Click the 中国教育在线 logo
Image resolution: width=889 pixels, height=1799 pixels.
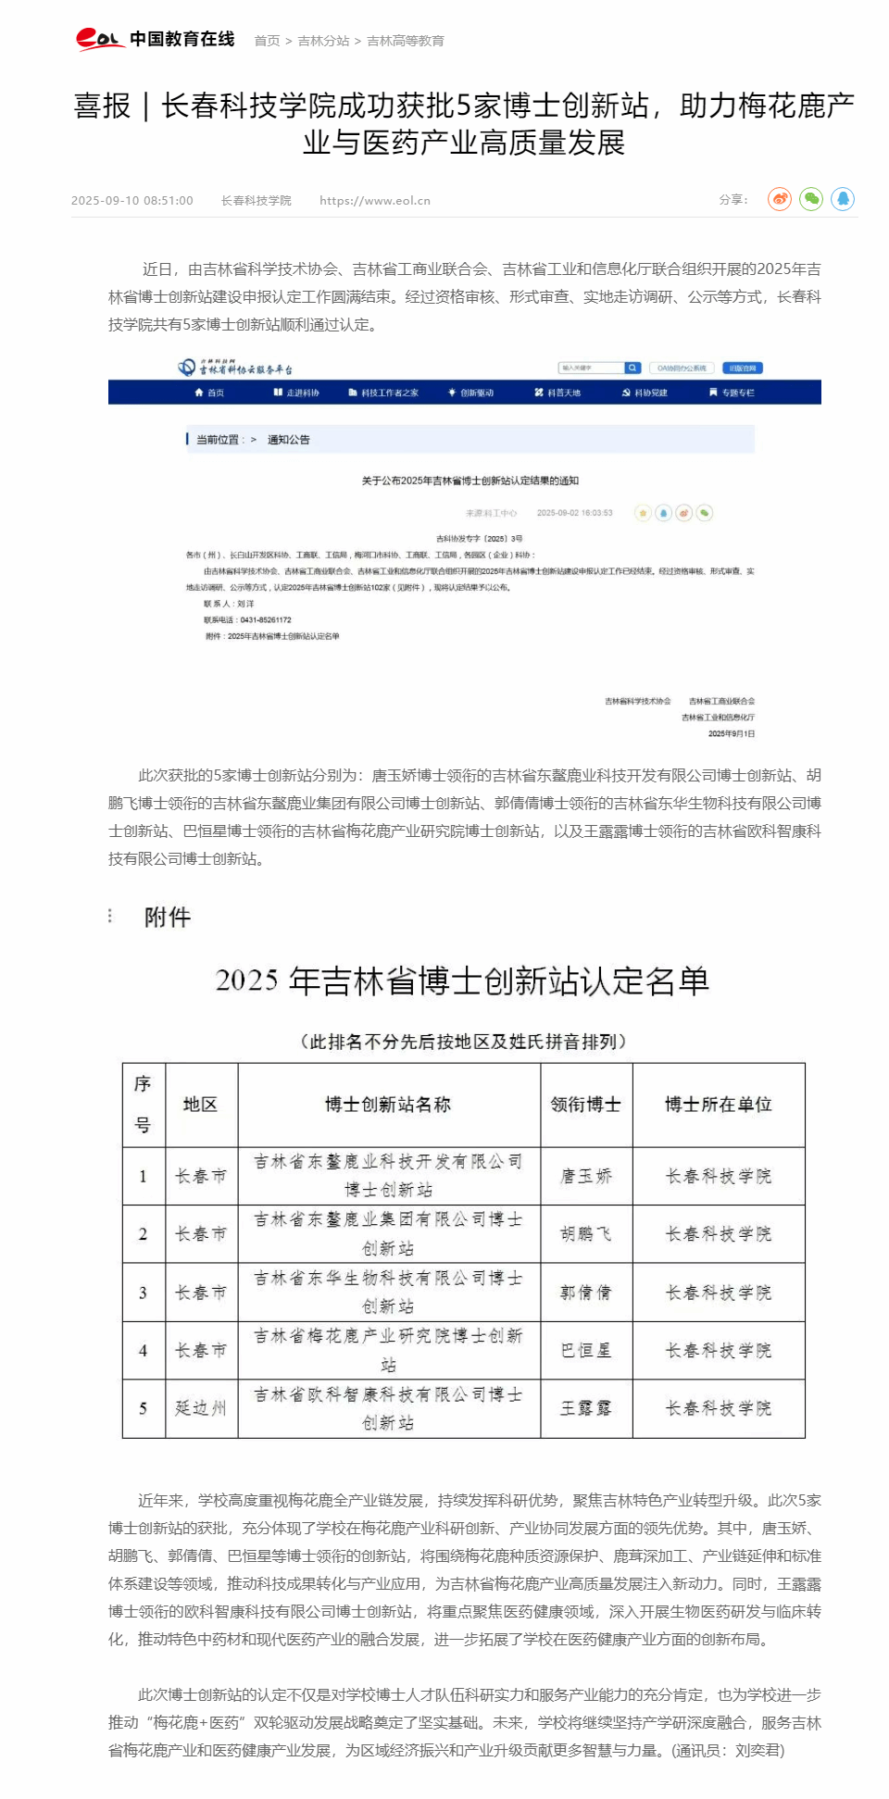click(x=155, y=39)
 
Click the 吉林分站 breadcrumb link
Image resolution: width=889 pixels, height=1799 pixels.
click(x=323, y=41)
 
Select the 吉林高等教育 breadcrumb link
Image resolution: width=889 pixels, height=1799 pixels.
click(x=406, y=41)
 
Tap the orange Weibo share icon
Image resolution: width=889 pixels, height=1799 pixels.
click(x=780, y=199)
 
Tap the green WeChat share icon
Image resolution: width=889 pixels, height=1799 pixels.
click(x=811, y=199)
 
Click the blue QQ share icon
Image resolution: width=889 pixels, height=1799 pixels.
click(x=843, y=199)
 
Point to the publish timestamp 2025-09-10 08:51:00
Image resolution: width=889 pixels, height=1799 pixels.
click(x=132, y=201)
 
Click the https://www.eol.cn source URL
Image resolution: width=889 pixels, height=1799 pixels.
click(x=375, y=201)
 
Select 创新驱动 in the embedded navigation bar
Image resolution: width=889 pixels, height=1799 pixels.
click(x=471, y=394)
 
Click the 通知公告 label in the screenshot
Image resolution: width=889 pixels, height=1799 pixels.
click(x=288, y=440)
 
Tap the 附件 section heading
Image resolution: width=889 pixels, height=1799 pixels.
click(x=168, y=918)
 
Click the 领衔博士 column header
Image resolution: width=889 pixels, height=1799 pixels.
click(x=586, y=1105)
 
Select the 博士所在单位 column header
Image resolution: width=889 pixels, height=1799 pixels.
click(x=719, y=1105)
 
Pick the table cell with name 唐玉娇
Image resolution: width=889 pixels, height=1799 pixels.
click(x=586, y=1176)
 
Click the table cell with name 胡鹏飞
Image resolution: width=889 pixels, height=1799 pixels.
click(x=586, y=1234)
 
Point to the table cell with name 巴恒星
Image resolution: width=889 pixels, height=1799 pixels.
click(x=586, y=1351)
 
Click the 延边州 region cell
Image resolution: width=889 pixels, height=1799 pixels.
click(x=201, y=1408)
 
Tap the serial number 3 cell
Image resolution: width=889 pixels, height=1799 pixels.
click(x=144, y=1293)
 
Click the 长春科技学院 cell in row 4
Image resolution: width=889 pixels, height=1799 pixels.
click(x=719, y=1351)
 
